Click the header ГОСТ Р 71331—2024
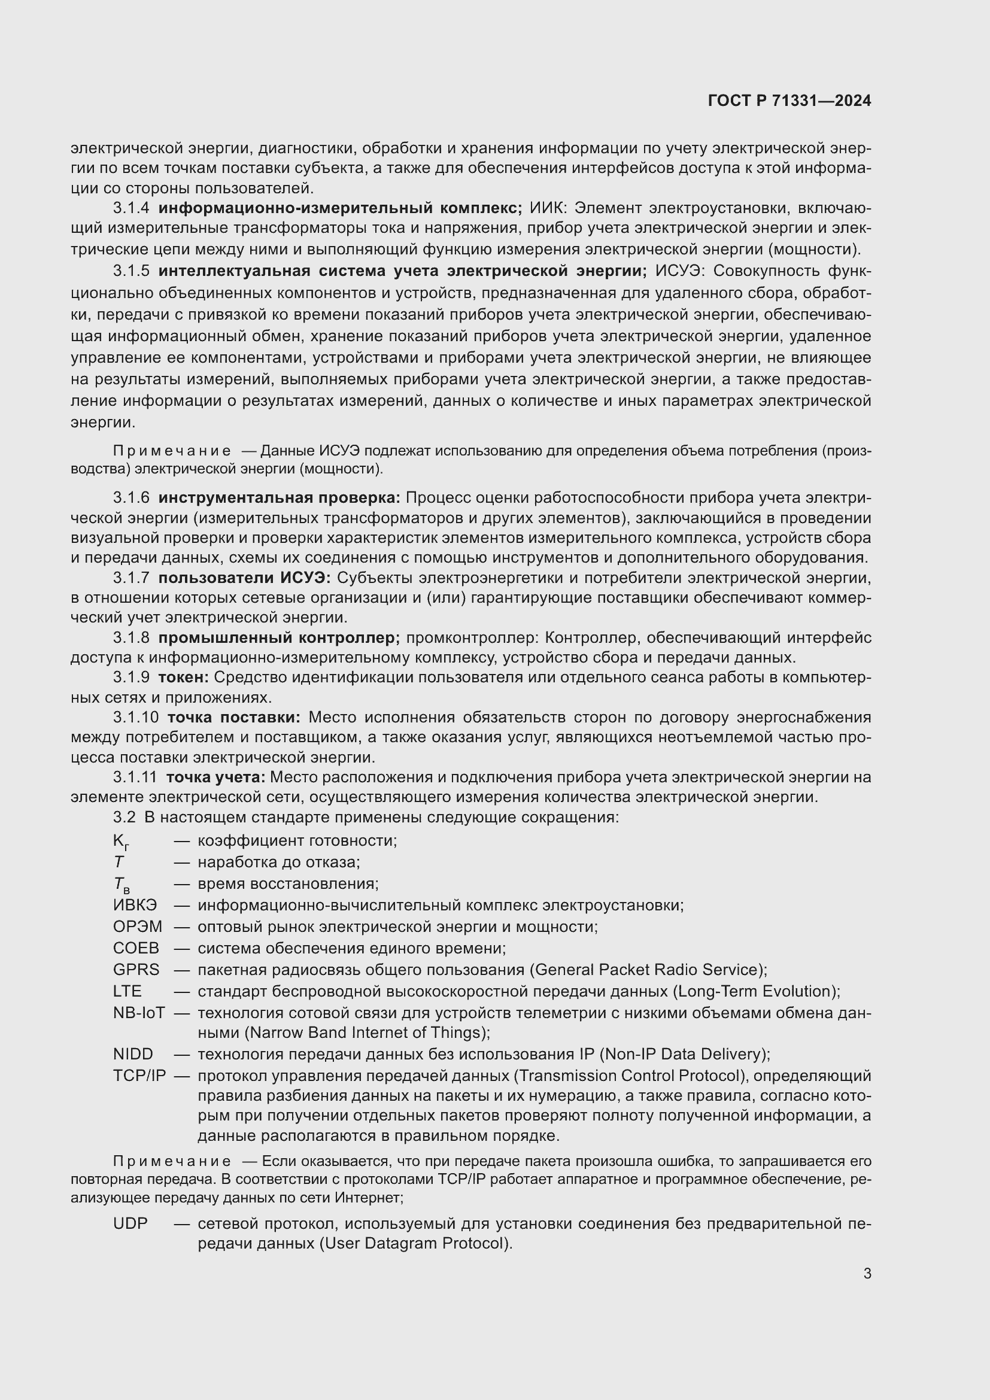click(789, 101)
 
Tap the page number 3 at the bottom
click(867, 1274)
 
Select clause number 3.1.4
click(131, 208)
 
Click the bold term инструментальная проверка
click(279, 497)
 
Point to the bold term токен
click(184, 678)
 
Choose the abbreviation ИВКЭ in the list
click(135, 905)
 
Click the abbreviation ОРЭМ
click(138, 926)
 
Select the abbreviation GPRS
click(136, 969)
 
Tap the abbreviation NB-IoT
click(139, 1012)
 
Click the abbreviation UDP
click(130, 1223)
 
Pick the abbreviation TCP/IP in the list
click(139, 1076)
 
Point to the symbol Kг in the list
click(121, 842)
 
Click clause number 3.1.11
click(135, 777)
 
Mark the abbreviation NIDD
click(133, 1053)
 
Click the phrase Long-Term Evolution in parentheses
click(755, 991)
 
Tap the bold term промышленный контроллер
click(278, 638)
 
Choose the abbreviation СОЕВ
click(136, 947)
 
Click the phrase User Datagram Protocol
click(415, 1243)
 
